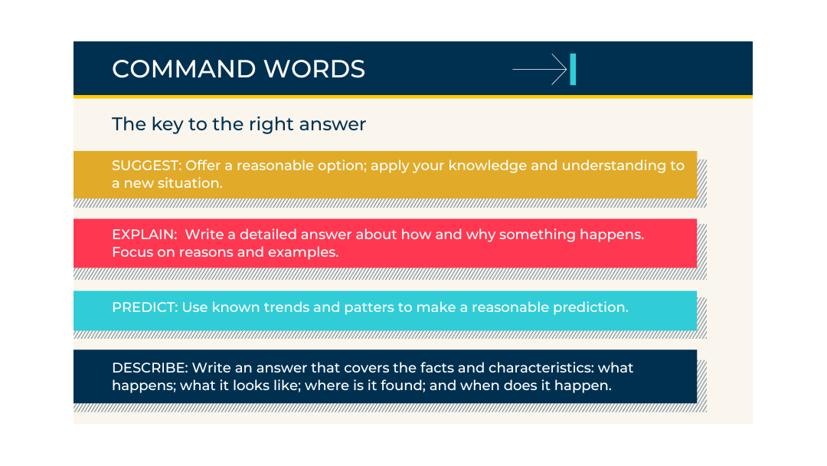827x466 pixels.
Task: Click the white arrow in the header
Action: click(539, 70)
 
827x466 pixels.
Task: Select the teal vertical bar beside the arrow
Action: click(573, 70)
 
